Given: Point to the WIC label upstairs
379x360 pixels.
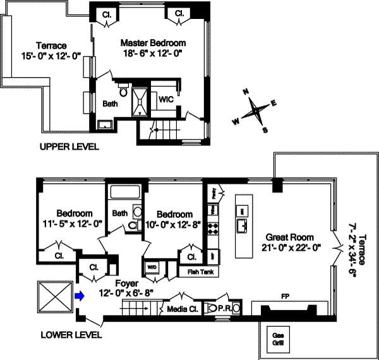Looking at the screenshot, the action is (x=166, y=100).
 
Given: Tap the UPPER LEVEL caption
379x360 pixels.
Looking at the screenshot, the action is (x=69, y=147).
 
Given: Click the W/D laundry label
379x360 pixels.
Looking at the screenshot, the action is (x=152, y=267).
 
